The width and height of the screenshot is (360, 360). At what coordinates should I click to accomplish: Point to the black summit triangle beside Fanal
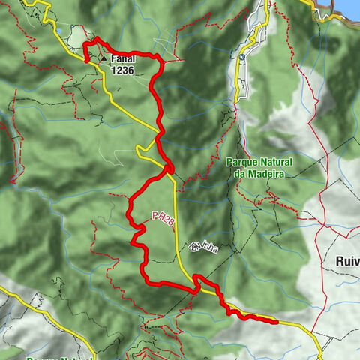click(103, 58)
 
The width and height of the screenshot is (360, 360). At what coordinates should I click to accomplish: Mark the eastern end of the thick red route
click(277, 322)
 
